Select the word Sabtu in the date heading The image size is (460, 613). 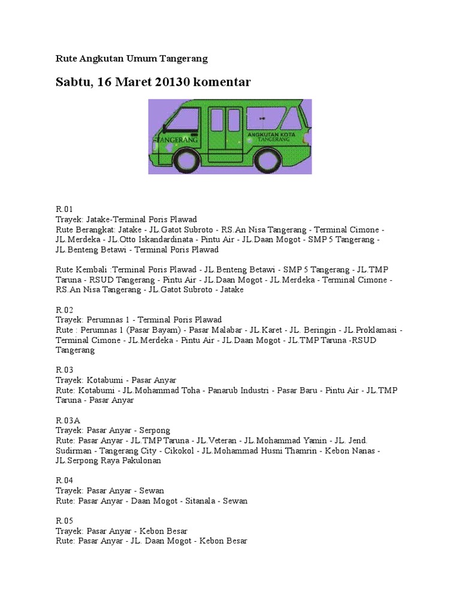[72, 83]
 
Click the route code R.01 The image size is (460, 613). [64, 210]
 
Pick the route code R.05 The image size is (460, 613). [64, 521]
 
